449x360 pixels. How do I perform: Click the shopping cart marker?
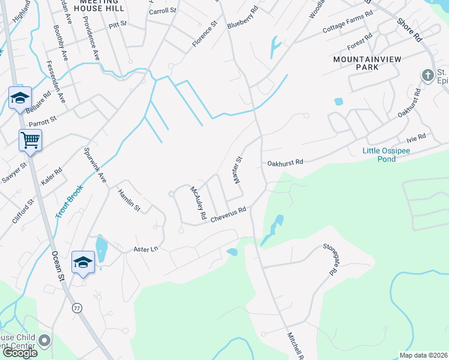[30, 141]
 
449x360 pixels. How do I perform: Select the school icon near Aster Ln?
[83, 262]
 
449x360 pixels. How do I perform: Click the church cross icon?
[427, 76]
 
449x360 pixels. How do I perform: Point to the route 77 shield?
[76, 308]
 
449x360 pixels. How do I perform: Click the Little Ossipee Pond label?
[387, 155]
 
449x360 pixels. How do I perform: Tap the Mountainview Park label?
[356, 64]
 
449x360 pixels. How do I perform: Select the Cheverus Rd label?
[229, 215]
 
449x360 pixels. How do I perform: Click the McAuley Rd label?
[198, 202]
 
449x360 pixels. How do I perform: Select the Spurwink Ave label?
[95, 166]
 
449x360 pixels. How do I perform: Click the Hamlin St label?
[128, 200]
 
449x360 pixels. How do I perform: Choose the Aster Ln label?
[145, 248]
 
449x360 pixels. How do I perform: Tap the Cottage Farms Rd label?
[348, 21]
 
